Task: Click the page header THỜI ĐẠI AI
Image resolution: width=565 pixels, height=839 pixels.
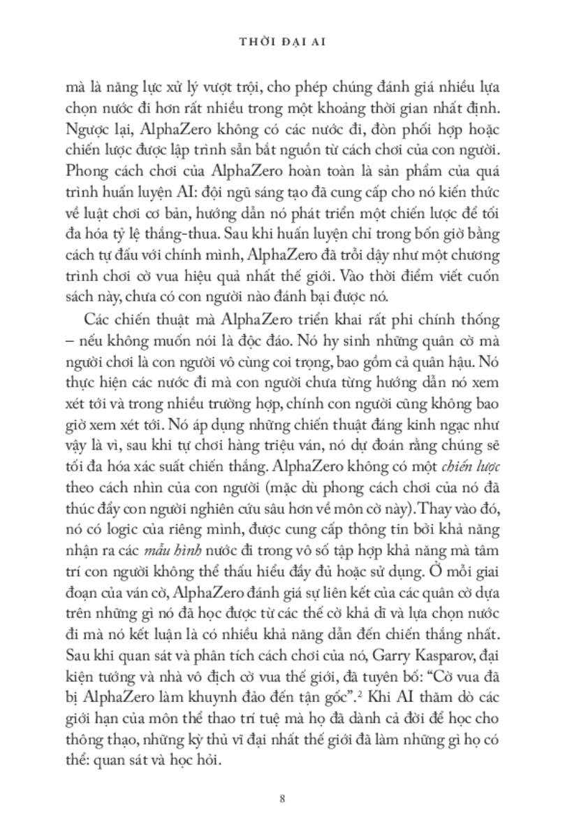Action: pos(282,43)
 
